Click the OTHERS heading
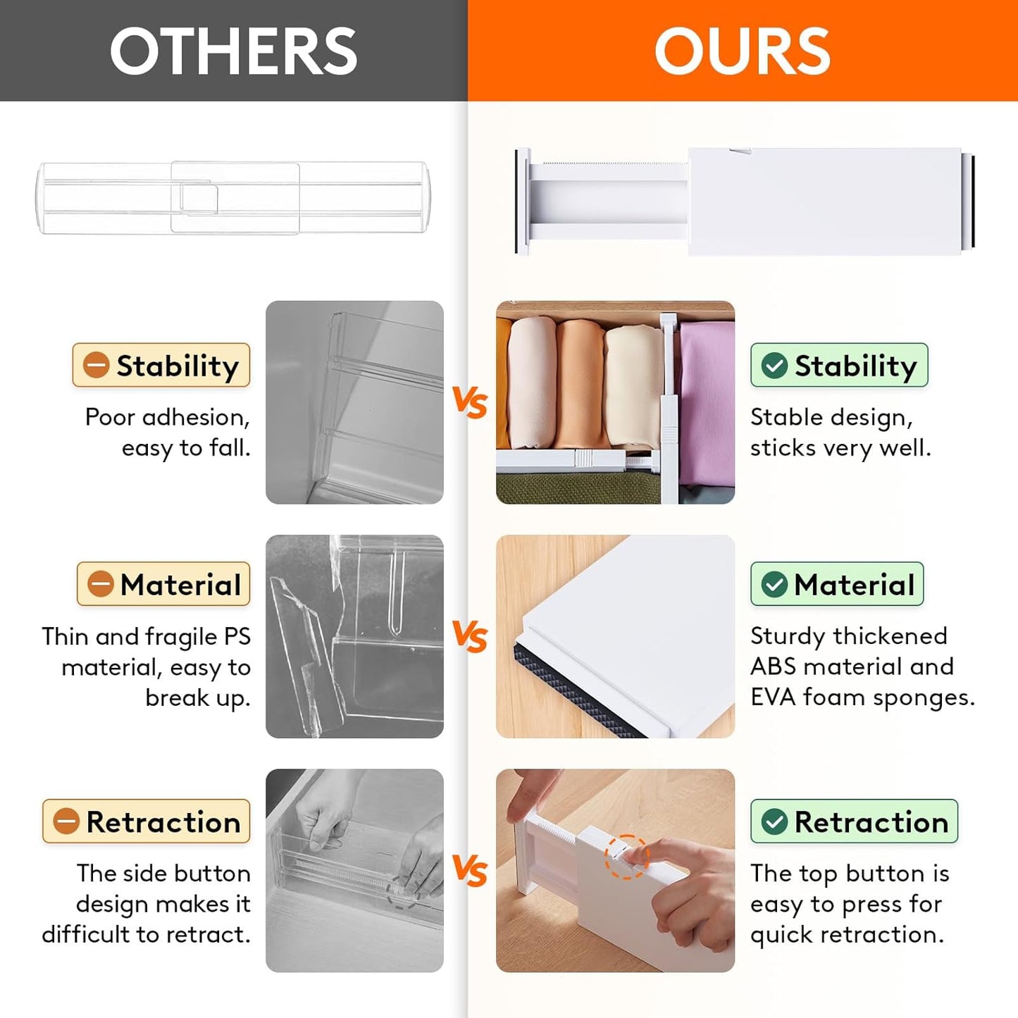[233, 51]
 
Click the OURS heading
[742, 51]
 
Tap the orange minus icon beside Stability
[96, 365]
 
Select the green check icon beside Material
[774, 584]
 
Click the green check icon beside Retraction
[774, 821]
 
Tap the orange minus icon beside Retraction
[66, 821]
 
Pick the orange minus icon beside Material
[100, 584]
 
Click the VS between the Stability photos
[470, 402]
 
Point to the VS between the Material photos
[470, 636]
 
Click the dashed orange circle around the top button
[626, 857]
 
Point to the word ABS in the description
[773, 666]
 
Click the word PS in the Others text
[237, 637]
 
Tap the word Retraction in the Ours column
[871, 822]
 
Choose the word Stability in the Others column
[178, 366]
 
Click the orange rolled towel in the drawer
[579, 384]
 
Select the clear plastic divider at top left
[232, 198]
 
